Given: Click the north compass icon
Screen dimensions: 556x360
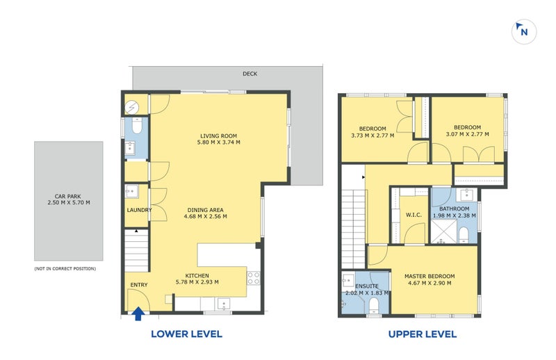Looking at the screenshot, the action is pos(524,32).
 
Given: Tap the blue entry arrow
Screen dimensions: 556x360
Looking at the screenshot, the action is pos(138,314).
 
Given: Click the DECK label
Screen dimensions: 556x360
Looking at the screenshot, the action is pos(250,74).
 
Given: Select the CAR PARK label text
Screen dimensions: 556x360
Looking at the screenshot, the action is pos(67,196).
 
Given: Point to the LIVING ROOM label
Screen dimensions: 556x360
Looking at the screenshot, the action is pos(218,136).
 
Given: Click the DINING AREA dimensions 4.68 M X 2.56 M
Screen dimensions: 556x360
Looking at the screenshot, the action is pos(206,216).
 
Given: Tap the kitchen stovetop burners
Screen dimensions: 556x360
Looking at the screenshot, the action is pos(254,278).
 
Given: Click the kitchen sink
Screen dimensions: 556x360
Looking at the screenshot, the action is pos(223,304).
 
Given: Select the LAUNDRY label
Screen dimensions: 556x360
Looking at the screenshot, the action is pos(139,210).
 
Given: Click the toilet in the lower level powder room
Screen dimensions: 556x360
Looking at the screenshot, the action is pos(136,125).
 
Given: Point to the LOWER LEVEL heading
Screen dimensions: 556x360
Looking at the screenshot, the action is pos(186,334).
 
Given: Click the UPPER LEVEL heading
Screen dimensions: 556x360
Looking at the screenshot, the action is pos(423,334).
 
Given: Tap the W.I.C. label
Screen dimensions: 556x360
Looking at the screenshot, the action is pos(414,215).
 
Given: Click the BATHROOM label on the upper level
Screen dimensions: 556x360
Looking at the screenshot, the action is pos(455,209).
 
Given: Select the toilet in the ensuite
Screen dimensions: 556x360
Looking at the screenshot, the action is pos(374,305).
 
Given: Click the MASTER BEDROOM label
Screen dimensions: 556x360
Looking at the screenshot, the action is pos(430,277).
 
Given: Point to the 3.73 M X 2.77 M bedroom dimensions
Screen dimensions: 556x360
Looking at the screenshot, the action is pos(373,136).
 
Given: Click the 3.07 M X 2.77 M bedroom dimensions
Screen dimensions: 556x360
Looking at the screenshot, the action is pos(467,134).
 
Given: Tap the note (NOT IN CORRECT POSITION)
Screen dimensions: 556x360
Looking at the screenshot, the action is pos(65,269).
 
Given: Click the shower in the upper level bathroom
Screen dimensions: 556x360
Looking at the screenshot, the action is pos(443,231).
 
